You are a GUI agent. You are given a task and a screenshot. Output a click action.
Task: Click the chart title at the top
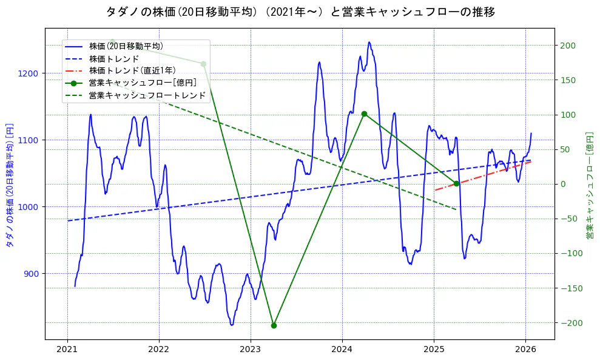click(300, 12)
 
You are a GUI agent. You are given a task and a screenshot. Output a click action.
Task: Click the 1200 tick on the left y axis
click(30, 73)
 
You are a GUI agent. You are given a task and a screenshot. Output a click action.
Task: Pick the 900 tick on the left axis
click(33, 274)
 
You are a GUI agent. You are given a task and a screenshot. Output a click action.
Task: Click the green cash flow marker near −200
click(274, 325)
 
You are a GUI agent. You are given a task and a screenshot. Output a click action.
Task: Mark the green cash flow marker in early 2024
click(364, 114)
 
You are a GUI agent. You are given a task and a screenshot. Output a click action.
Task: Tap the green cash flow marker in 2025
click(456, 183)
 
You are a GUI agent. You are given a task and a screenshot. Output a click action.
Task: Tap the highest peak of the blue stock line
click(369, 42)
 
